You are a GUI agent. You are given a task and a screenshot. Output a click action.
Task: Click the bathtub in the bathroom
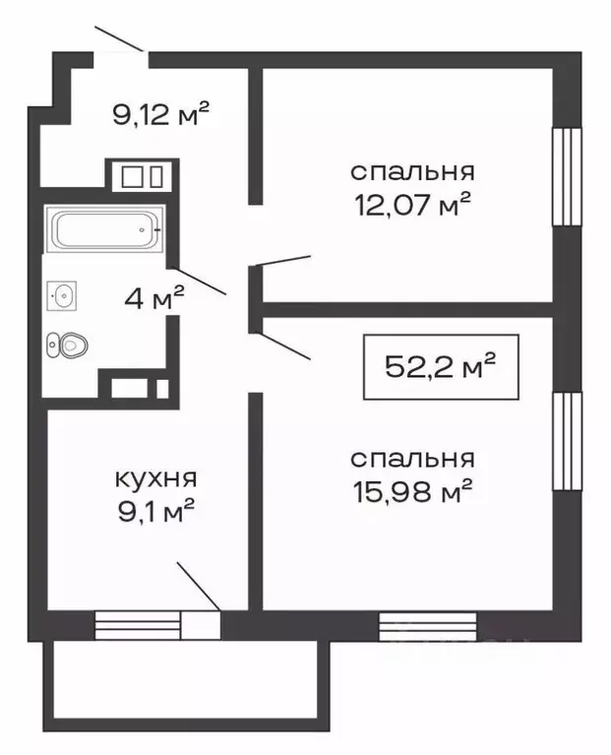coord(104,230)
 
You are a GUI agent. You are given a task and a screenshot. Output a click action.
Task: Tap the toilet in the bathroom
coord(68,345)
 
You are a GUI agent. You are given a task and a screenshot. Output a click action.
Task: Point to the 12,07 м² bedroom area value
coord(412,206)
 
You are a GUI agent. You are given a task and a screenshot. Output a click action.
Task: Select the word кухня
coord(155,479)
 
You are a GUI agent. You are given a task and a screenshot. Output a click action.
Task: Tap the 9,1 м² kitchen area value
coord(155,511)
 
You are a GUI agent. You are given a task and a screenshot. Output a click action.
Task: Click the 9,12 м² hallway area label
coord(163,116)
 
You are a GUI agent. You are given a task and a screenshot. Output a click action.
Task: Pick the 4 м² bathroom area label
coord(153,299)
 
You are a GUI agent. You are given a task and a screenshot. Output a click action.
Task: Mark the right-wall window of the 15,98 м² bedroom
coord(566,441)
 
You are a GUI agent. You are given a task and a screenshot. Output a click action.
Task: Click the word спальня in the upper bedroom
coord(412,171)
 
